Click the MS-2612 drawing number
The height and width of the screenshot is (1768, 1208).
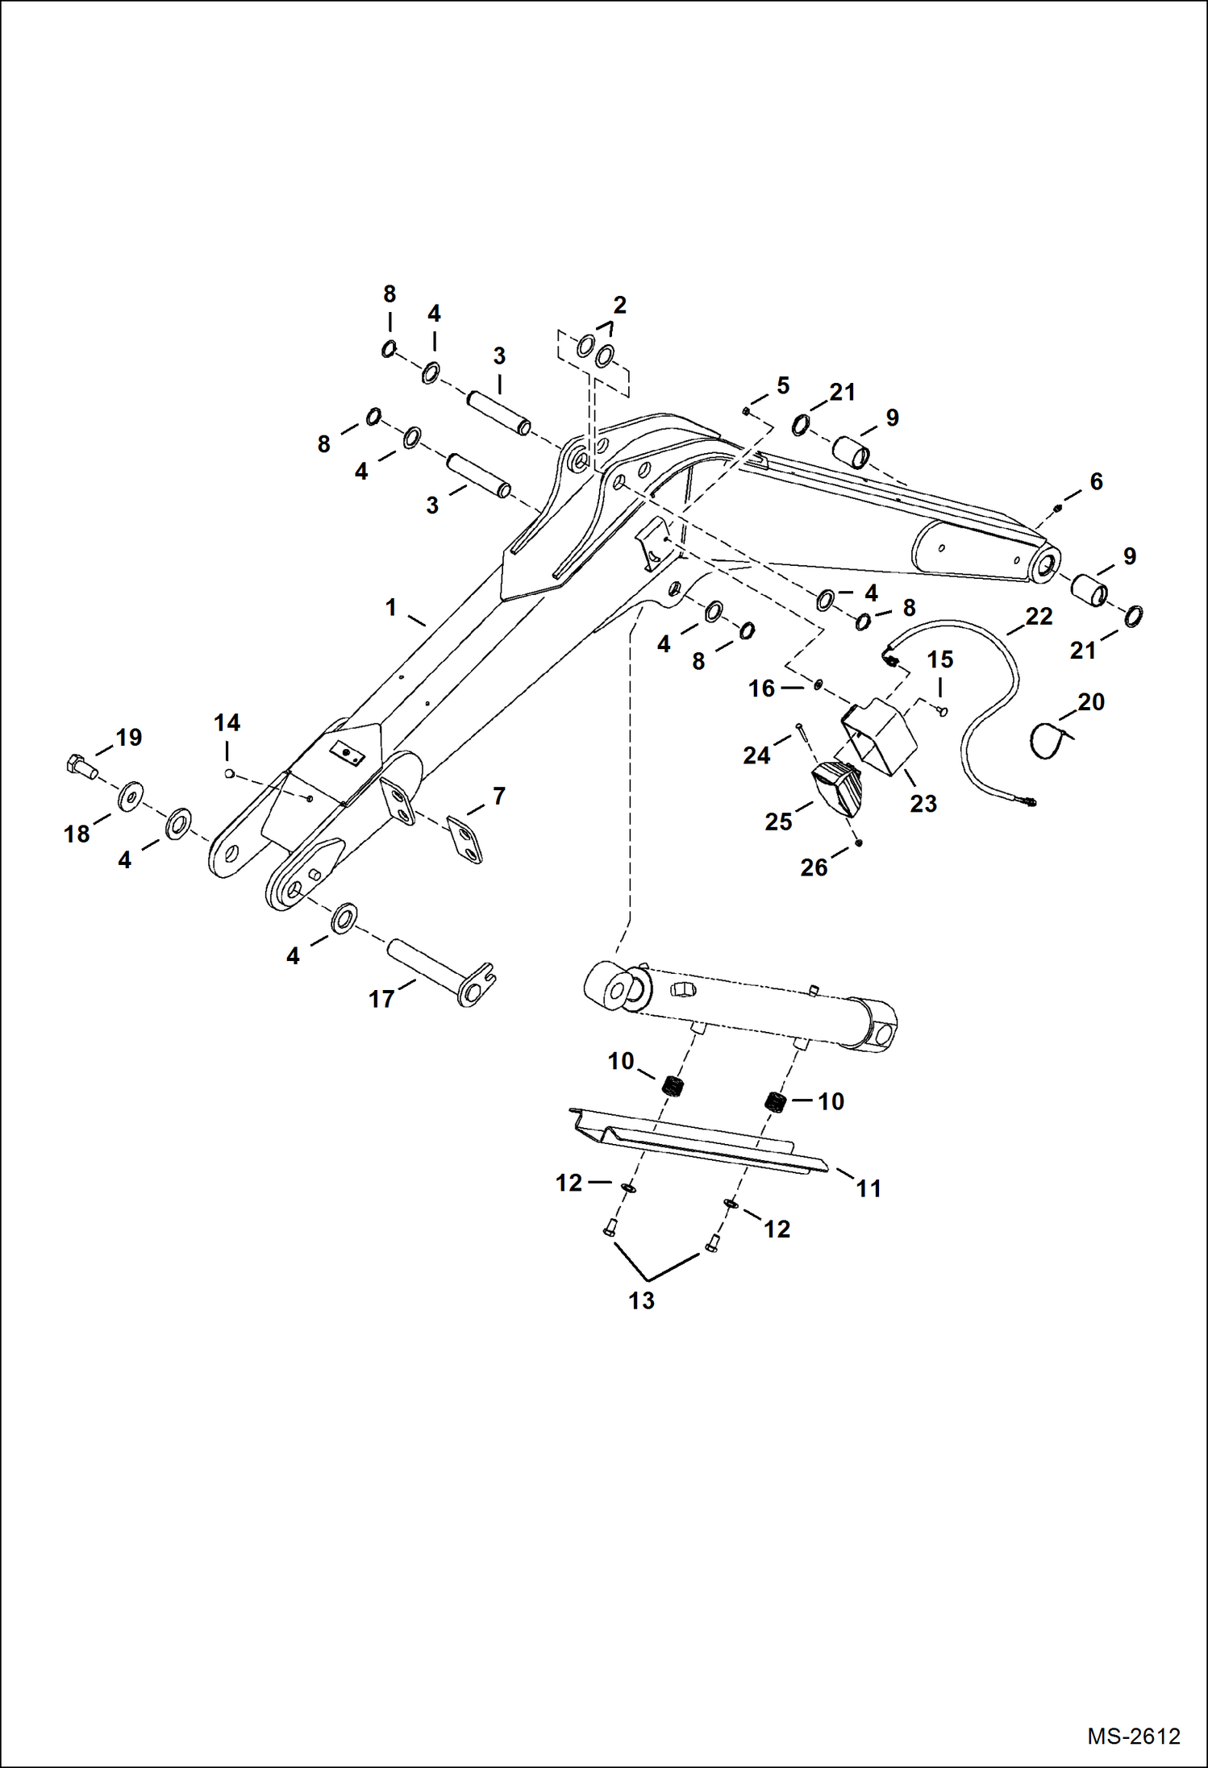pos(1133,1736)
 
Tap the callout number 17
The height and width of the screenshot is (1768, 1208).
pos(381,1000)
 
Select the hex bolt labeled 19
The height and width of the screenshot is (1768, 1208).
pos(80,766)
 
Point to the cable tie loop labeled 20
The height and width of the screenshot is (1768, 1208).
pos(1051,740)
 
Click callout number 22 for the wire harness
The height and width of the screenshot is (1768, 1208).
pos(1039,617)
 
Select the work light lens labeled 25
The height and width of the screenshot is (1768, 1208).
pos(837,788)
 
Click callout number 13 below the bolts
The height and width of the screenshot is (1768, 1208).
pos(641,1300)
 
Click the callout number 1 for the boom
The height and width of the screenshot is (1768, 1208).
pos(391,607)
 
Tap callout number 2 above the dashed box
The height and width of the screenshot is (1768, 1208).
pos(619,306)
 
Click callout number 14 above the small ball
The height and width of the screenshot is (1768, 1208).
pos(227,722)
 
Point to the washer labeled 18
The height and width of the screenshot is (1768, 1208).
pos(130,797)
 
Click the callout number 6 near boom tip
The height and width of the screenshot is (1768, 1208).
pos(1096,481)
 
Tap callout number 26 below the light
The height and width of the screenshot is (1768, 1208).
pos(814,867)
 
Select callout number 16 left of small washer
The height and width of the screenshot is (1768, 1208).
pos(761,688)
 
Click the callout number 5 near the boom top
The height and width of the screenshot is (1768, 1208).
pos(783,385)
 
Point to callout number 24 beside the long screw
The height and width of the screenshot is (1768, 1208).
pos(756,755)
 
